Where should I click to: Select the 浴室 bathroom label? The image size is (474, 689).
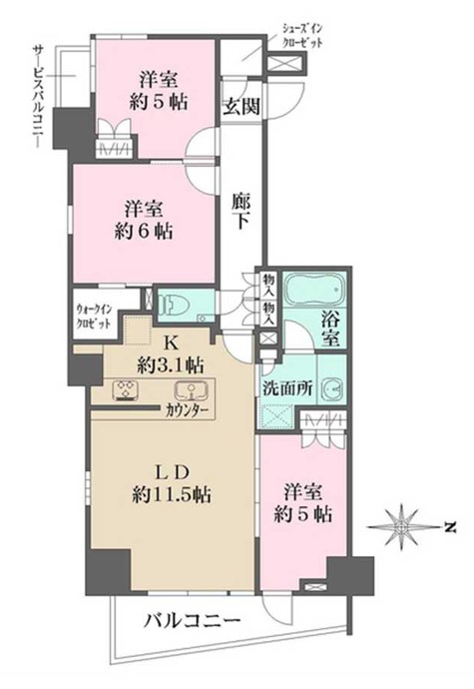329,330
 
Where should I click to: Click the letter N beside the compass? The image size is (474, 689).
452,526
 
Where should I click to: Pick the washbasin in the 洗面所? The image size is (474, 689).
332,388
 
